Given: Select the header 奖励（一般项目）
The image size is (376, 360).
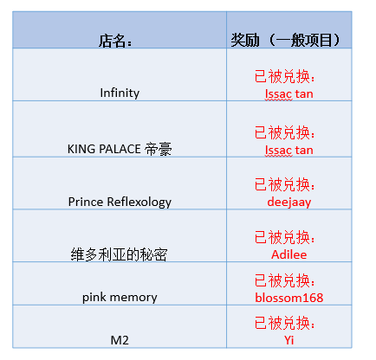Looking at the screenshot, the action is (x=285, y=40).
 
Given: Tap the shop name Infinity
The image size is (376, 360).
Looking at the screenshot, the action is (x=120, y=93).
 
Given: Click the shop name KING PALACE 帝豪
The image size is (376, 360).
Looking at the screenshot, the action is (x=120, y=149).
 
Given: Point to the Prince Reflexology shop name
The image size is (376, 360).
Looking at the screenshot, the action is (x=120, y=202).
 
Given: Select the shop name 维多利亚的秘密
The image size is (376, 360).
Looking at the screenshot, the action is (x=119, y=254).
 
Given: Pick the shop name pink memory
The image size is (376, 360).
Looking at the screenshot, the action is (x=120, y=298).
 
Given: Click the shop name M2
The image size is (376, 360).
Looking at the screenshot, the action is (x=120, y=340).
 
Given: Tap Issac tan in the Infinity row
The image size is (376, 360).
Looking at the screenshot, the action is (x=289, y=94).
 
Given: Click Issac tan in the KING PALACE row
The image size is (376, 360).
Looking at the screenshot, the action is (x=289, y=151).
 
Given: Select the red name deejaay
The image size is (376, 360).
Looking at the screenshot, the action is (x=289, y=202).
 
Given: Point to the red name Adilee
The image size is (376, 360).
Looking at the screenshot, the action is (x=289, y=254).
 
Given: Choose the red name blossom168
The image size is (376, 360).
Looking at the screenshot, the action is (x=289, y=298).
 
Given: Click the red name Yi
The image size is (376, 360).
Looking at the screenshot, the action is (x=289, y=340).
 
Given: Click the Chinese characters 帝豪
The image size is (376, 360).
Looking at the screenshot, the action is (x=159, y=150).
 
